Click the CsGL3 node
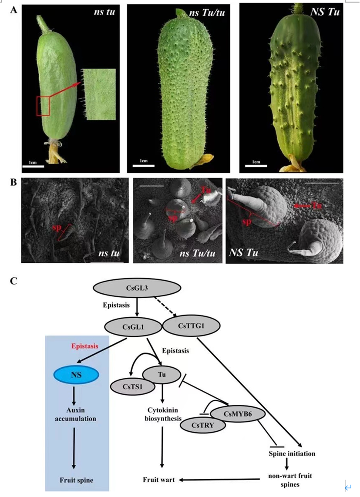138,289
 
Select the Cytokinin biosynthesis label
162,414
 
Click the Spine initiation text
292,453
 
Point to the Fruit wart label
159,480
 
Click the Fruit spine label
77,480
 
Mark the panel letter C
13,281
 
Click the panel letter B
13,182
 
